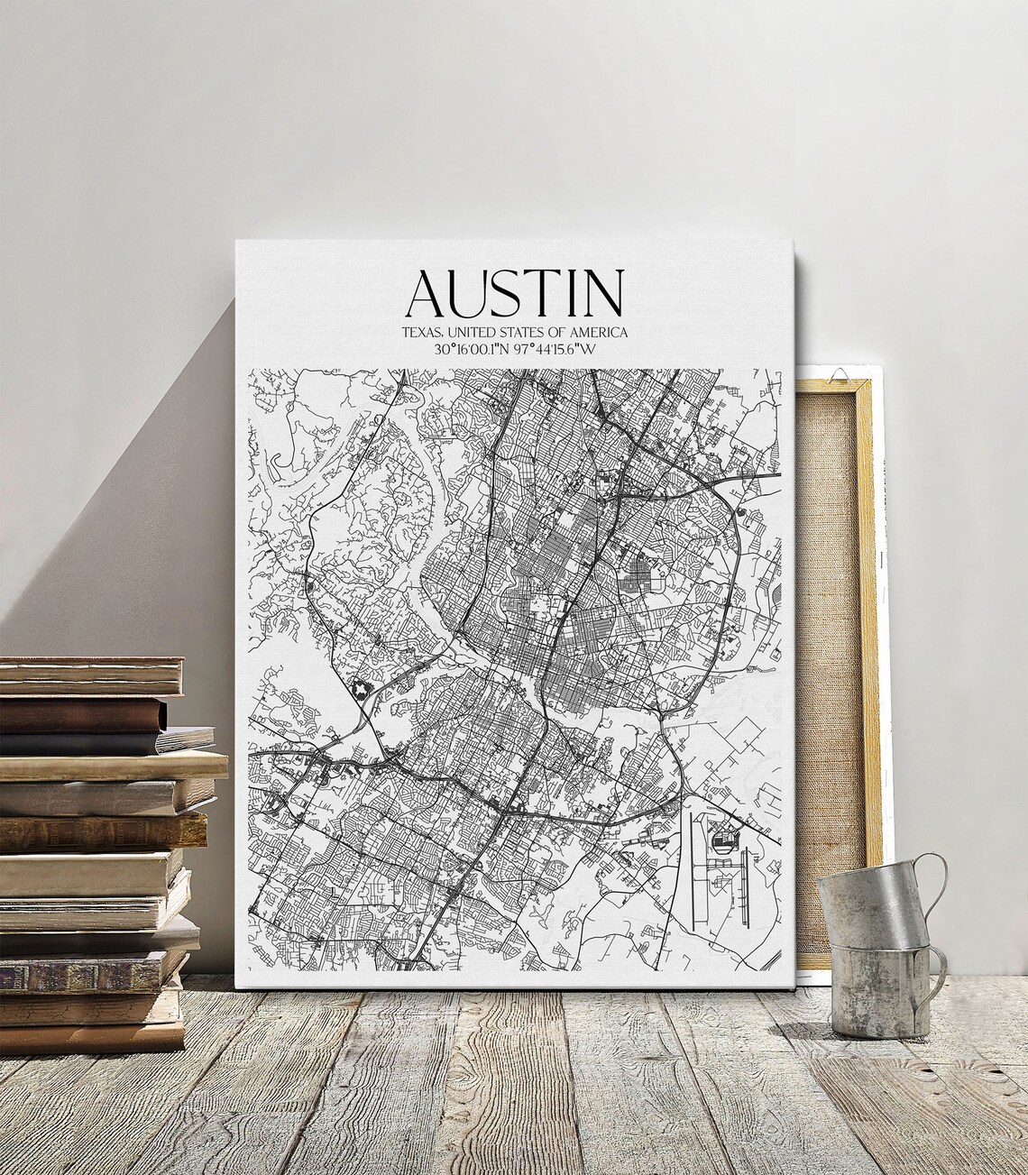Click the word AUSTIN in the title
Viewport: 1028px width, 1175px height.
pyautogui.click(x=514, y=291)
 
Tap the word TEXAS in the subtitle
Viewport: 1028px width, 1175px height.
pyautogui.click(x=422, y=334)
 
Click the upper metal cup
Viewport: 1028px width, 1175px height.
pyautogui.click(x=872, y=904)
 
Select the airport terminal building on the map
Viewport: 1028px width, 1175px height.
pyautogui.click(x=723, y=843)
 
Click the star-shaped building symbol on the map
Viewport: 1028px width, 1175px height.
pyautogui.click(x=362, y=690)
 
